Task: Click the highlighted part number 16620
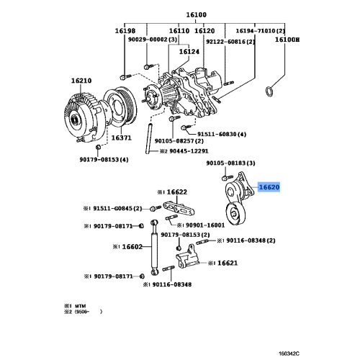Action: coord(269,186)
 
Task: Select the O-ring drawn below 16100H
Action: coord(269,91)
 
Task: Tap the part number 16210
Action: coord(81,81)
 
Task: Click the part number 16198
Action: coord(124,31)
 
